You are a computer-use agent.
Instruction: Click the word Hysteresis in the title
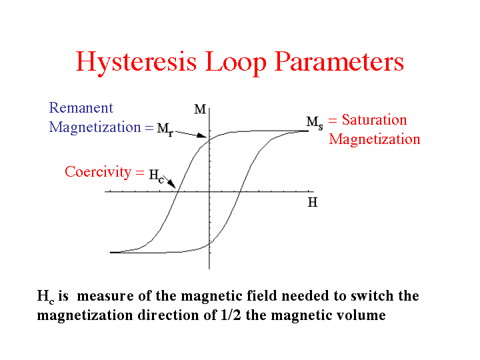click(x=136, y=63)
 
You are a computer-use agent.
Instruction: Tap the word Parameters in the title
click(x=339, y=63)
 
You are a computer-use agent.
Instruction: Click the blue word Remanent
click(x=81, y=108)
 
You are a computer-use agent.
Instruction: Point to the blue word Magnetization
click(x=95, y=127)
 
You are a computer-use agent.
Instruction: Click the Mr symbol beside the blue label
click(x=165, y=129)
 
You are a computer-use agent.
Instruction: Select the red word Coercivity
click(x=98, y=172)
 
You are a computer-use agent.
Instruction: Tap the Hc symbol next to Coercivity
click(x=157, y=176)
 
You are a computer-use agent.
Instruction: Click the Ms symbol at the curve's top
click(x=315, y=123)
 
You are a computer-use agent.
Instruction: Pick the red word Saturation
click(x=375, y=120)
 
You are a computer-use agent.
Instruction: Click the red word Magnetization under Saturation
click(x=375, y=139)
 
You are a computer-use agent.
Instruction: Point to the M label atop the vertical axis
click(x=200, y=109)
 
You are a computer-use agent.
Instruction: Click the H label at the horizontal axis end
click(x=313, y=203)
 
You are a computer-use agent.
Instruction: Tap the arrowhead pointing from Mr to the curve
click(x=202, y=135)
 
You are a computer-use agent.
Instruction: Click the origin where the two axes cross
click(x=209, y=191)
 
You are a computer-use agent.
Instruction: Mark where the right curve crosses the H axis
click(x=240, y=191)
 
